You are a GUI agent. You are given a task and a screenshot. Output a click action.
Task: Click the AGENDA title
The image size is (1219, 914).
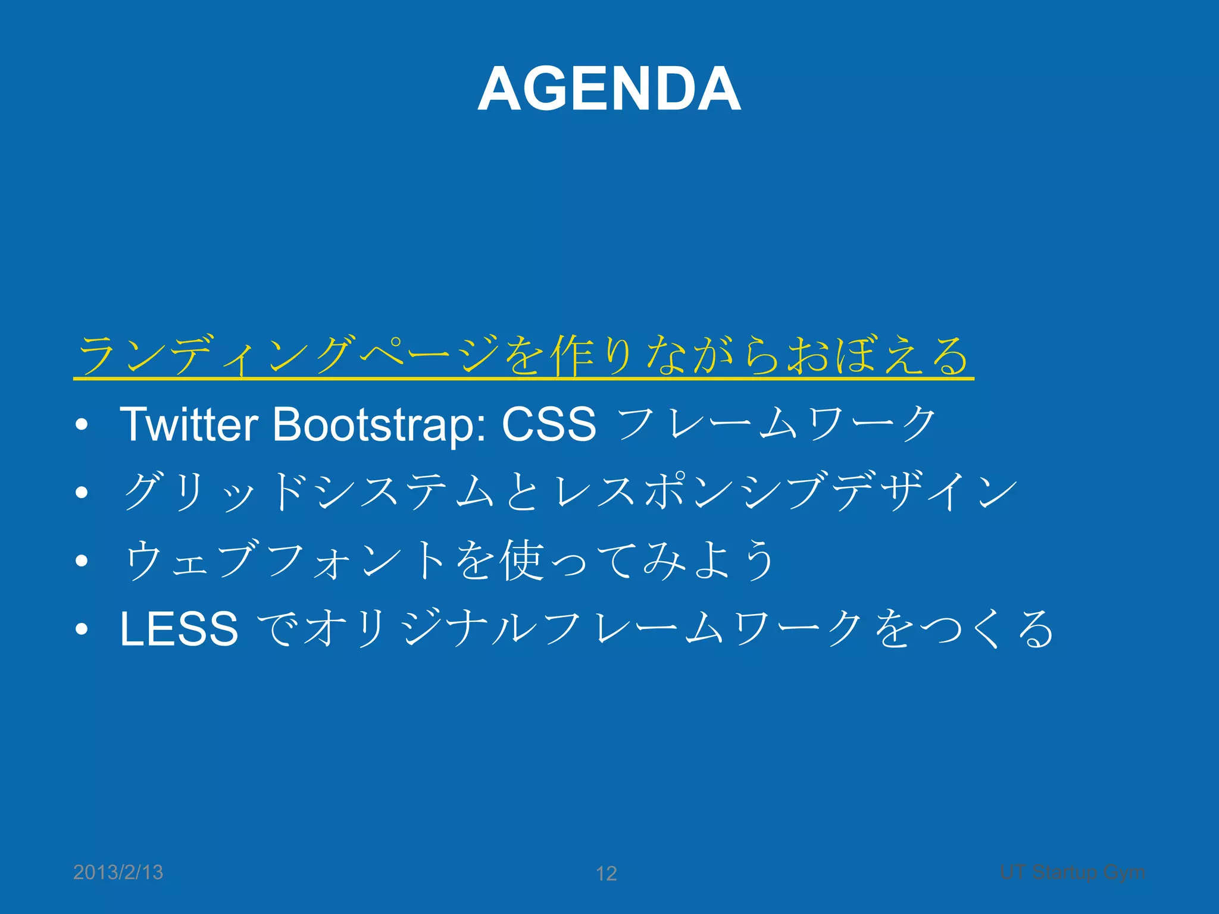(x=609, y=89)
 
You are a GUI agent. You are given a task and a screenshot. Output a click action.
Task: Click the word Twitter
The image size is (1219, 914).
(x=189, y=424)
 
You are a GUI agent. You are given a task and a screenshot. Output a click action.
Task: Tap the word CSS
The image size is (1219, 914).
(x=548, y=424)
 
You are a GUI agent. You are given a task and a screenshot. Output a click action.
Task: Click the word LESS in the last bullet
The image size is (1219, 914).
(x=179, y=629)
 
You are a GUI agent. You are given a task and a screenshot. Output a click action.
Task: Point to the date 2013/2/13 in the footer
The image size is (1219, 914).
(x=118, y=872)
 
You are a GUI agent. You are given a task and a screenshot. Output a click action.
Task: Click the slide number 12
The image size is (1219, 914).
(x=606, y=874)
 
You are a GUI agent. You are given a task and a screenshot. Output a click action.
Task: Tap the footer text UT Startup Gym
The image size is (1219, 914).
(x=1072, y=872)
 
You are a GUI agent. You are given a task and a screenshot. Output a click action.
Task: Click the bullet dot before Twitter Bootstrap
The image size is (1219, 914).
(x=82, y=425)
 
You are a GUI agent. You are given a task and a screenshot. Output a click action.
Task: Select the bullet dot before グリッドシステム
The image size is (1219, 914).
(x=82, y=492)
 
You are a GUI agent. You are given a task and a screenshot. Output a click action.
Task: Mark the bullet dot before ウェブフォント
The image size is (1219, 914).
(x=82, y=561)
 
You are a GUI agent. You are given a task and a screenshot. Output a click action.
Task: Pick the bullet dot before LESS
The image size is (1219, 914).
(x=82, y=629)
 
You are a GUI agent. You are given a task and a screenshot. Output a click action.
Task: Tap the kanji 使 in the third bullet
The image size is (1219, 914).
(x=521, y=561)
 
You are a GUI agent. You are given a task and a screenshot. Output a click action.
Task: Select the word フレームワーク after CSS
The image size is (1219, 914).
(x=777, y=424)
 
